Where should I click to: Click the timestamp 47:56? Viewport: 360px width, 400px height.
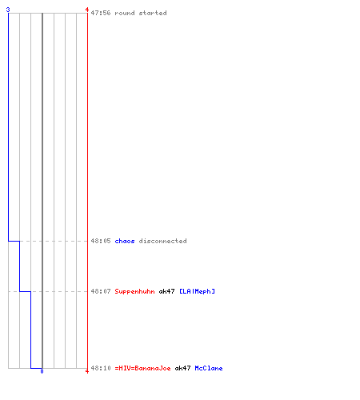[x=101, y=13]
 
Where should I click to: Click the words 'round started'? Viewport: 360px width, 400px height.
[x=141, y=13]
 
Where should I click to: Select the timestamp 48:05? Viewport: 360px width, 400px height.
[x=101, y=241]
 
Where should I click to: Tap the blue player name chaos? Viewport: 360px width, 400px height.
[x=125, y=241]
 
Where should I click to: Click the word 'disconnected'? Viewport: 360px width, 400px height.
[x=162, y=241]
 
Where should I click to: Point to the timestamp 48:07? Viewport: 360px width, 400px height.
[x=101, y=291]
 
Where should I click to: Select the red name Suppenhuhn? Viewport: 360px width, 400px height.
[x=134, y=291]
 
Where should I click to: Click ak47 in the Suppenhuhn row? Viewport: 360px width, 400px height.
[x=166, y=291]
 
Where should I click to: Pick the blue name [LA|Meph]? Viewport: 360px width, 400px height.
[x=197, y=291]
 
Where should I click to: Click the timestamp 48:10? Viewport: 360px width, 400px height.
[x=101, y=368]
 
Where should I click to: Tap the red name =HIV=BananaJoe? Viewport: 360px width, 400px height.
[x=142, y=368]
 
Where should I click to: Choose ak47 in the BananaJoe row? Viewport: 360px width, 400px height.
[x=182, y=368]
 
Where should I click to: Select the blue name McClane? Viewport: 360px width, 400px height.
[x=209, y=368]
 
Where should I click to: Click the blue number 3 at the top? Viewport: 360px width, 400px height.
[x=8, y=10]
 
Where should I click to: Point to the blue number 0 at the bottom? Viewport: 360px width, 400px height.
[x=42, y=371]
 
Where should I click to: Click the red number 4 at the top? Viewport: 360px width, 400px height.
[x=87, y=10]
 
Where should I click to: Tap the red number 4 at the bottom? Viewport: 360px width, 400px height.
[x=87, y=371]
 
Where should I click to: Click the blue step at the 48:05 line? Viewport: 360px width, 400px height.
[x=14, y=241]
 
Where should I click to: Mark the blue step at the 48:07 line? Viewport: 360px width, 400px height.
[x=25, y=291]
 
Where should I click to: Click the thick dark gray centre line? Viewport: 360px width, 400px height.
[x=42, y=190]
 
